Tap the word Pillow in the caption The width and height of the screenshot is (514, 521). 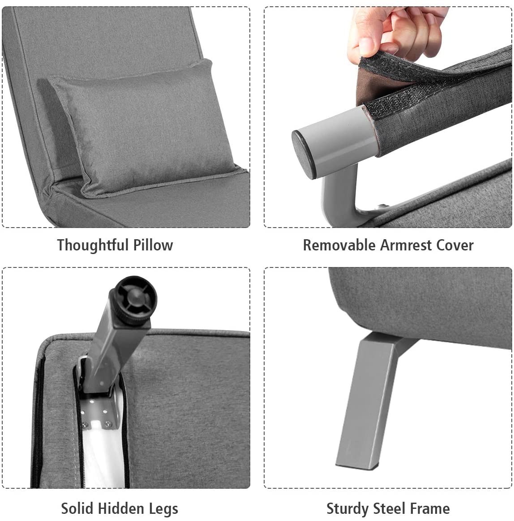153,245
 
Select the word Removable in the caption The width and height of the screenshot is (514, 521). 339,245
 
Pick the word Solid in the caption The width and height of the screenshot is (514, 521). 77,508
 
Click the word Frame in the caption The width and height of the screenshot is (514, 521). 429,508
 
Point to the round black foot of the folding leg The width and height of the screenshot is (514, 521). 133,297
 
